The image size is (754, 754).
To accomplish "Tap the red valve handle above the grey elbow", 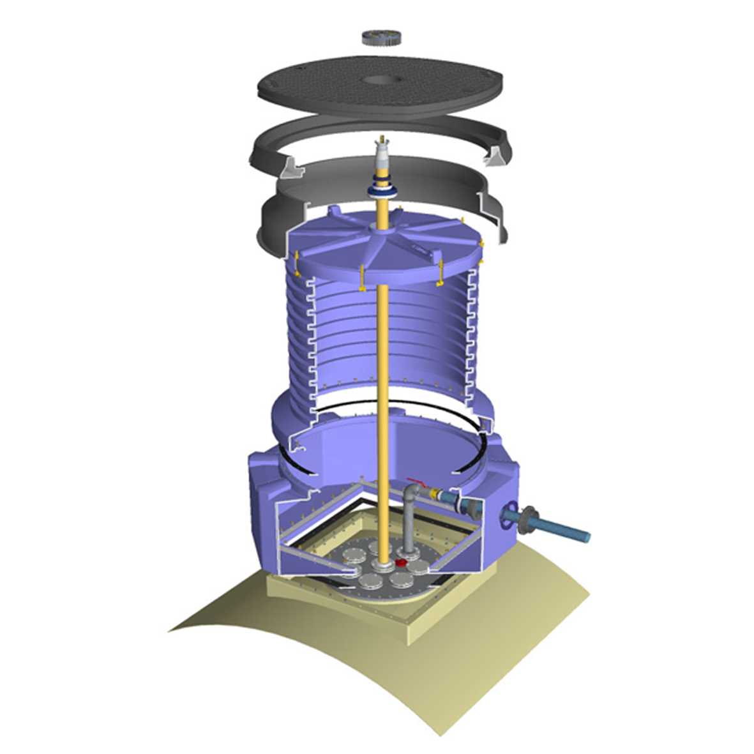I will click(416, 483).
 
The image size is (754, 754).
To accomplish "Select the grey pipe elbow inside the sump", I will click(412, 494).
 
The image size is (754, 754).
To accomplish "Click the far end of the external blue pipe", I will click(584, 536).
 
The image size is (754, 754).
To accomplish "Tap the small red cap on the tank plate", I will click(402, 563).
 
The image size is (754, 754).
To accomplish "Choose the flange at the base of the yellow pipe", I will click(383, 567).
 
